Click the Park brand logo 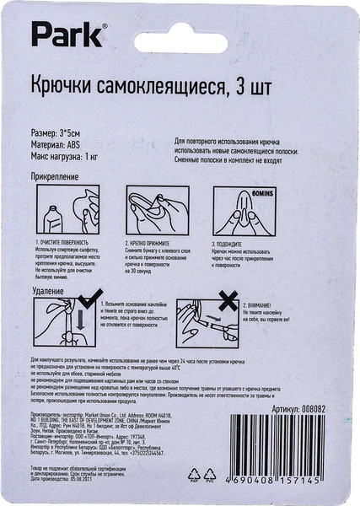point(69,35)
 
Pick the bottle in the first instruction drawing point(52,218)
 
